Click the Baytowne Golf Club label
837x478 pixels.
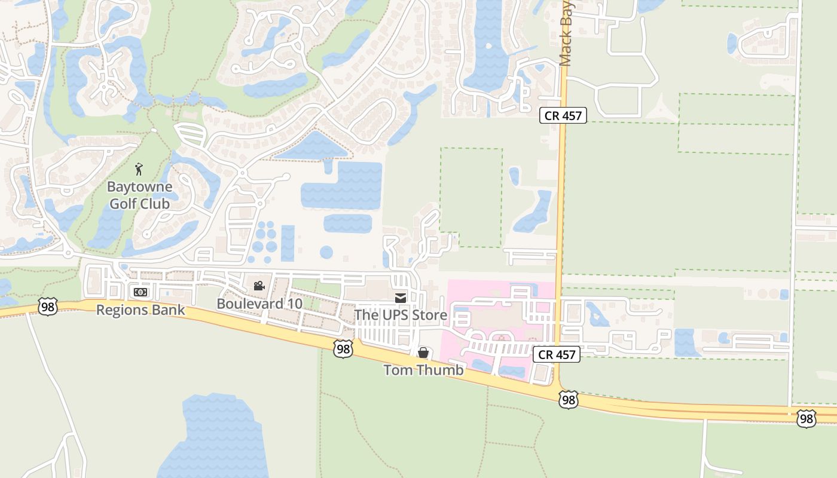pyautogui.click(x=139, y=195)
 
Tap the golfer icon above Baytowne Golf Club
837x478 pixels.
pyautogui.click(x=139, y=170)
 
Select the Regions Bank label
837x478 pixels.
pyautogui.click(x=140, y=310)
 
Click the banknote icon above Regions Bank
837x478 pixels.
pyautogui.click(x=140, y=292)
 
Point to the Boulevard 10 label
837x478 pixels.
pyautogui.click(x=259, y=304)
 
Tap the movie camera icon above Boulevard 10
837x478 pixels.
pyautogui.click(x=259, y=286)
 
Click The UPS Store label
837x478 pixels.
pyautogui.click(x=401, y=314)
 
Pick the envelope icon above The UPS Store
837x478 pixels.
pyautogui.click(x=401, y=298)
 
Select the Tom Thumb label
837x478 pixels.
pyautogui.click(x=423, y=370)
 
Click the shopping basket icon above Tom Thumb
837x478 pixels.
pyautogui.click(x=423, y=353)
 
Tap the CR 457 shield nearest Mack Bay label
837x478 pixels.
pyautogui.click(x=563, y=115)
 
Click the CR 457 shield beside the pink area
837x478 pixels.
pyautogui.click(x=557, y=354)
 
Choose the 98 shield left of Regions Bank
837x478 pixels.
pyautogui.click(x=47, y=307)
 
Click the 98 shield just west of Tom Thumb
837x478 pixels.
pyautogui.click(x=343, y=349)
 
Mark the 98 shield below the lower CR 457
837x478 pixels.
pyautogui.click(x=568, y=400)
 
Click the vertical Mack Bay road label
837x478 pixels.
pyautogui.click(x=566, y=33)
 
